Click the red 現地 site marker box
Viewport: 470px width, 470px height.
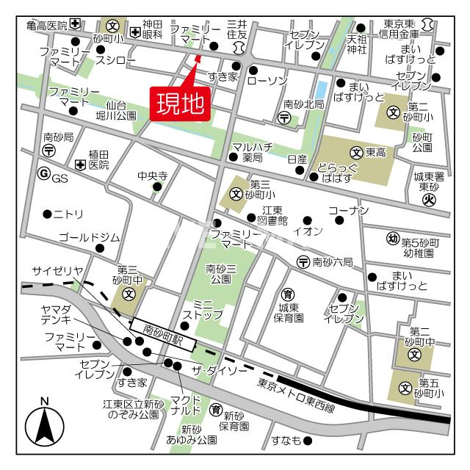(180, 103)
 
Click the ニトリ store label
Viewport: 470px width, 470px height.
(68, 214)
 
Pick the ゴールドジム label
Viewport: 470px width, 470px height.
(89, 236)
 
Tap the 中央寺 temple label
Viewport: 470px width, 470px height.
(153, 176)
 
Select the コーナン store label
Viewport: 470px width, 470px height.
(347, 211)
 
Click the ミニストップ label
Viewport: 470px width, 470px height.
(198, 309)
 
